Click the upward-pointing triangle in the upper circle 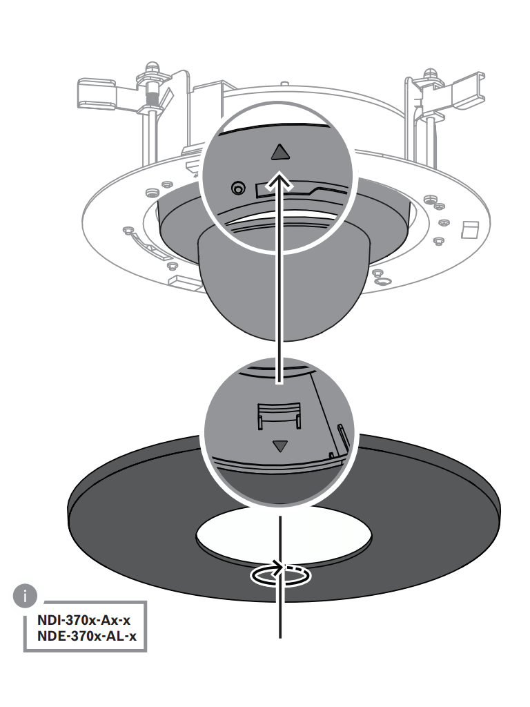pyautogui.click(x=280, y=153)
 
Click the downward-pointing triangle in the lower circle pyautogui.click(x=280, y=446)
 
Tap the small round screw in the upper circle pyautogui.click(x=238, y=188)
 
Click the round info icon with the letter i pyautogui.click(x=25, y=596)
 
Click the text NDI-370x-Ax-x pyautogui.click(x=84, y=621)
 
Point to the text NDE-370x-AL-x pyautogui.click(x=86, y=636)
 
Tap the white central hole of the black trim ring pyautogui.click(x=284, y=535)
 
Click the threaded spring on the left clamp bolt pyautogui.click(x=151, y=96)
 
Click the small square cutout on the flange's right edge pyautogui.click(x=469, y=229)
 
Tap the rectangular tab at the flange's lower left pyautogui.click(x=185, y=282)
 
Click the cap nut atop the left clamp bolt pyautogui.click(x=153, y=67)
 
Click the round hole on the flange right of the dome pyautogui.click(x=383, y=282)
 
